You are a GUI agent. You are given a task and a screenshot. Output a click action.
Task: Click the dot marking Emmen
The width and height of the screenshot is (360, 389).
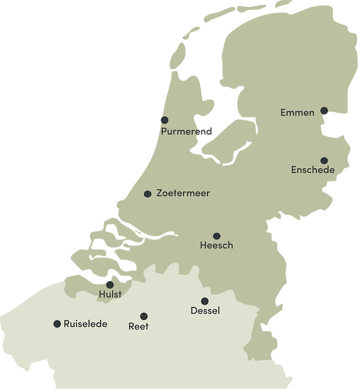click(x=324, y=111)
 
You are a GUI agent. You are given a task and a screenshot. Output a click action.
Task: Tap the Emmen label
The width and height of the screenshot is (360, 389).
click(x=297, y=113)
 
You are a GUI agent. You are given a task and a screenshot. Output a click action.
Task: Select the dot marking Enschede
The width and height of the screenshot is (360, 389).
click(x=324, y=161)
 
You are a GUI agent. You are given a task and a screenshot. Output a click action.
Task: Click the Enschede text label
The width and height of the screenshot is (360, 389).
click(x=312, y=170)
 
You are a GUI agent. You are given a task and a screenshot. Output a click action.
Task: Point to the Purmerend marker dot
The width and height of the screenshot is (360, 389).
click(x=164, y=120)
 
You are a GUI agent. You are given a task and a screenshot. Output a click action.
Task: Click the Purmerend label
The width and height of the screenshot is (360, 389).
click(x=186, y=132)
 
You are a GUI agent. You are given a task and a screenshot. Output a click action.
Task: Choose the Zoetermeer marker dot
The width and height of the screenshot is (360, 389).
click(x=147, y=194)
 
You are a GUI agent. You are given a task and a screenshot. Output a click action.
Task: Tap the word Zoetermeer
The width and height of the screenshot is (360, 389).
click(x=183, y=193)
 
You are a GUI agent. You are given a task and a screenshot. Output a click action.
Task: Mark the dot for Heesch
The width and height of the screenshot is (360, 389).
click(x=216, y=236)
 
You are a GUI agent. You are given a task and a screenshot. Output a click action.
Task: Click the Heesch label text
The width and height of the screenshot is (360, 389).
click(x=216, y=245)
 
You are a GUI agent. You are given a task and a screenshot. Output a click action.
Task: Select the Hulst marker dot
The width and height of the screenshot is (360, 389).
click(x=110, y=285)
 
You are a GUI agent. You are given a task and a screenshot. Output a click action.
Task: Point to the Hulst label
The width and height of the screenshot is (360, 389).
click(x=110, y=294)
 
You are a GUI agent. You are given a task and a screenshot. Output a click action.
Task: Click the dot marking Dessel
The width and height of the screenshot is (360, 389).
click(x=204, y=301)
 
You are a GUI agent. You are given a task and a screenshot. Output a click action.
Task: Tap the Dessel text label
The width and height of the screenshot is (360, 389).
click(x=205, y=311)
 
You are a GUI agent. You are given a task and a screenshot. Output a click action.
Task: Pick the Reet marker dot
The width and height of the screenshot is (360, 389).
click(x=144, y=316)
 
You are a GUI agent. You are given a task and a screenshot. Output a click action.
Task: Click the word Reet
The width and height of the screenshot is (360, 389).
click(x=139, y=326)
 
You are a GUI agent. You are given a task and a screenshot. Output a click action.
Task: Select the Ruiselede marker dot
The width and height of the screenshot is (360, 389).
click(x=57, y=324)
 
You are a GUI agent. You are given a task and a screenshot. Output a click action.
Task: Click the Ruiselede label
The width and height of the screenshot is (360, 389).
click(x=85, y=324)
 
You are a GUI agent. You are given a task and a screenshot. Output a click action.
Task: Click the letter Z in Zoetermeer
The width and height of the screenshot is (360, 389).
click(x=159, y=193)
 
